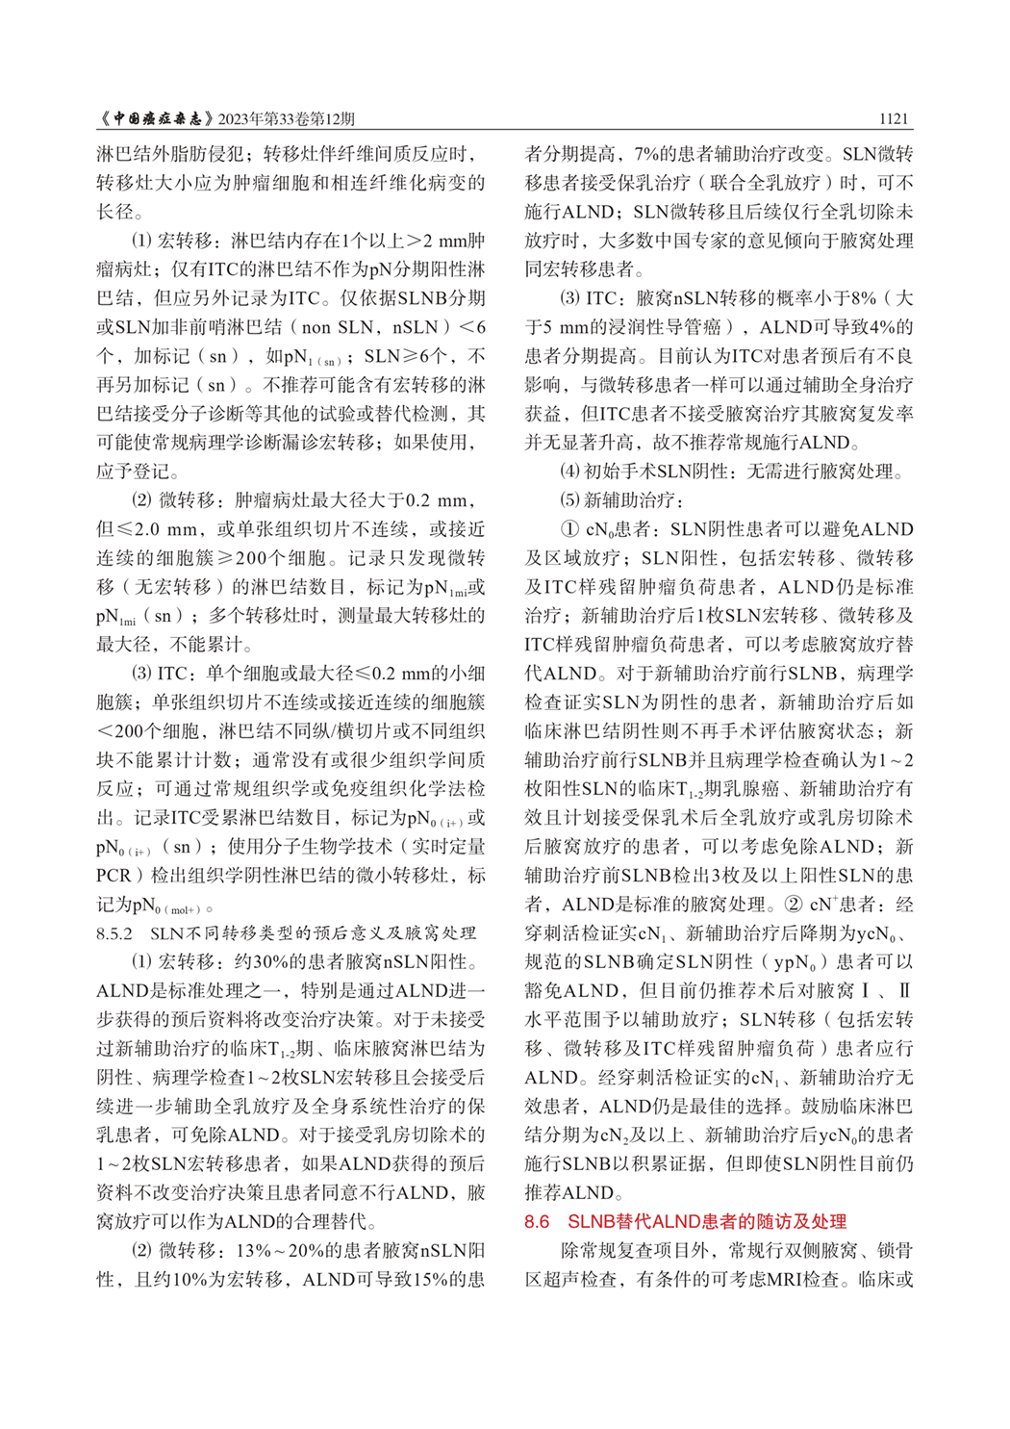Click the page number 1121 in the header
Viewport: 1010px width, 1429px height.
(x=893, y=118)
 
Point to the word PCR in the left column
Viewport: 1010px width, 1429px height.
(x=114, y=876)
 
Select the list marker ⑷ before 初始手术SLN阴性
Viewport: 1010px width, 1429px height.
(x=569, y=472)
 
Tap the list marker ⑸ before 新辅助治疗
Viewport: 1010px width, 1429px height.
(x=569, y=500)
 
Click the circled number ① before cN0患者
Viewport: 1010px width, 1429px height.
(x=569, y=529)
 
